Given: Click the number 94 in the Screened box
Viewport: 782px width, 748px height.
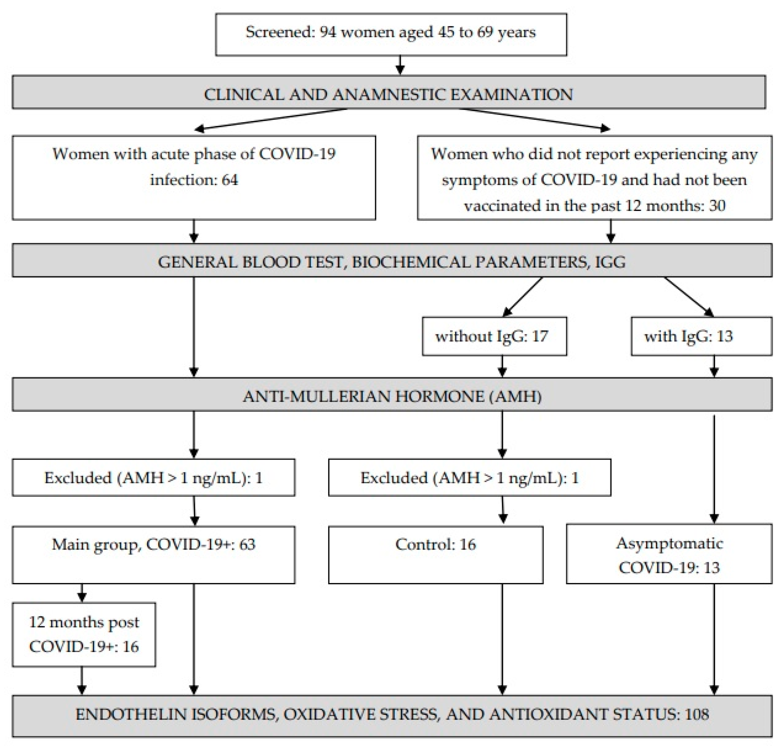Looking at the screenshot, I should coord(328,32).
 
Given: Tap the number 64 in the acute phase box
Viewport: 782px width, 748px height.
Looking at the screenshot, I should coord(230,180).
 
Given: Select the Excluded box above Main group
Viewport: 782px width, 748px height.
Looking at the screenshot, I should coord(153,477).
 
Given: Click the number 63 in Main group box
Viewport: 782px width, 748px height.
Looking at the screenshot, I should coord(247,544).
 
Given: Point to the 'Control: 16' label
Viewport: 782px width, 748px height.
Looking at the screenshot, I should coord(435,544).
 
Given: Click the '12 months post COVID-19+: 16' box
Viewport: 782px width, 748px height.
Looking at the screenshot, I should coord(84,634).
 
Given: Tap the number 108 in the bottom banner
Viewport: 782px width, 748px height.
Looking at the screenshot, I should coord(696,714).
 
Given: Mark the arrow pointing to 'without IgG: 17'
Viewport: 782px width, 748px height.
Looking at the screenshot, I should coord(522,297).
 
